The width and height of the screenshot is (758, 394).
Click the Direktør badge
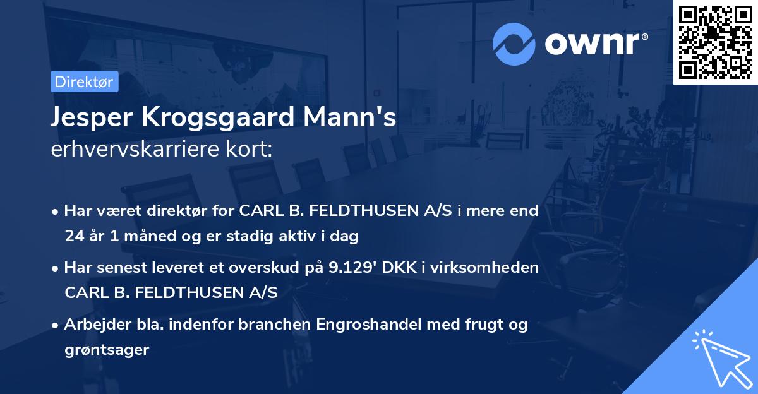pos(84,81)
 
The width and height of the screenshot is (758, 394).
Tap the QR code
pos(715,42)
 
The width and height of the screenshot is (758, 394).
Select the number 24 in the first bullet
pos(73,237)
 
